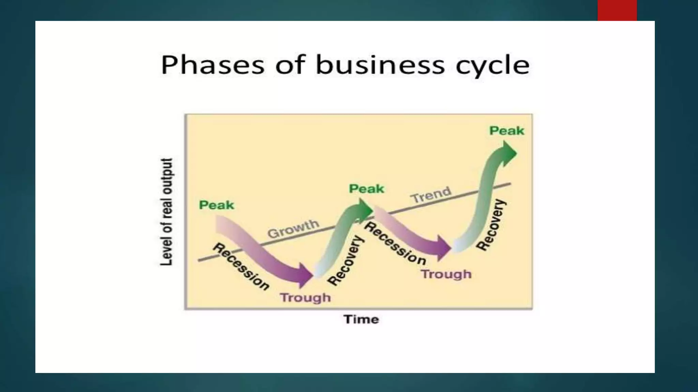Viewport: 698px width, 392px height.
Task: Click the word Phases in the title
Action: [x=212, y=65]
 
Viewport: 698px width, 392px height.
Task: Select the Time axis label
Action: [x=361, y=319]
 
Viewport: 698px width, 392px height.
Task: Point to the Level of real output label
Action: [x=166, y=212]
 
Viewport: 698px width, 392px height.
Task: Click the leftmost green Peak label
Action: [x=216, y=205]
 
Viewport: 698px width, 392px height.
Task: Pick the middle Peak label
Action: [x=366, y=189]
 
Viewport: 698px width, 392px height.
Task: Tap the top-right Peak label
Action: [x=507, y=131]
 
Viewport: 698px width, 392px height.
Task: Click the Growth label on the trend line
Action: [x=293, y=229]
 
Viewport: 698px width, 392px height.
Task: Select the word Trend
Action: [x=431, y=195]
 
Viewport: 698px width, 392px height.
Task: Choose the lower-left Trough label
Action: [x=305, y=297]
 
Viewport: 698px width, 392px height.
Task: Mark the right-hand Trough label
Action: [x=446, y=274]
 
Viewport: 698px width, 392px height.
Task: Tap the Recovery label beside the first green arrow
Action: [x=346, y=260]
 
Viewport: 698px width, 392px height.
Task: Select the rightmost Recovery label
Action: [x=491, y=225]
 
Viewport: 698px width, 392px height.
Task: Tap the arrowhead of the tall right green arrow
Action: [x=509, y=153]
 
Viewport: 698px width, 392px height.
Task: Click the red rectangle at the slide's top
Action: [x=617, y=10]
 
